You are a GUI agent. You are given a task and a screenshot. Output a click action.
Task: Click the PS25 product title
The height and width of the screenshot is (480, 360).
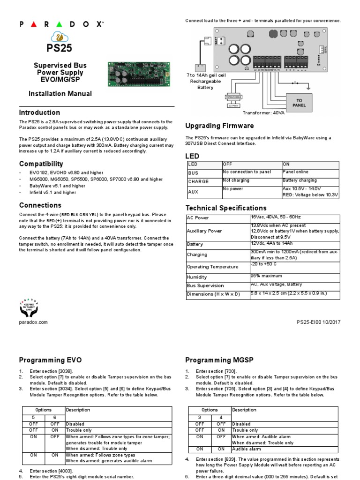click(x=59, y=48)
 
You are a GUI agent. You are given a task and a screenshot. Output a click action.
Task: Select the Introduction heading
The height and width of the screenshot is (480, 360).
click(x=39, y=112)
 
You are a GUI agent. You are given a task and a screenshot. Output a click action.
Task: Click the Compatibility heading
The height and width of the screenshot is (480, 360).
click(x=41, y=164)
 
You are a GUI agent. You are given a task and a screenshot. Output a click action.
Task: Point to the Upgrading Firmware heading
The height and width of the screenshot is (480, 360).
click(x=219, y=126)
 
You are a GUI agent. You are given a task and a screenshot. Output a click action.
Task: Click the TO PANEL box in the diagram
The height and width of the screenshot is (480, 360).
click(x=300, y=103)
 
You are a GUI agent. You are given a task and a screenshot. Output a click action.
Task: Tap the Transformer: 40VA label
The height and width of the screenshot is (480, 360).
click(x=264, y=113)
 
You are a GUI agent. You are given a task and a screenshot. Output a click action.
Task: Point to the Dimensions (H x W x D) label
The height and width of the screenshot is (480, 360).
click(x=213, y=294)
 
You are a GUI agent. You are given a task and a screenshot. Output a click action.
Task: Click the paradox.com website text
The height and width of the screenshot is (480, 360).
click(x=33, y=322)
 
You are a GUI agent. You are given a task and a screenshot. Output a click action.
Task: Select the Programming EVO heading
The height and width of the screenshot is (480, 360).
click(x=50, y=360)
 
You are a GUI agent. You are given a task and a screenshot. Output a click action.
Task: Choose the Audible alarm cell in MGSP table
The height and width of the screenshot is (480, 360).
click(x=247, y=449)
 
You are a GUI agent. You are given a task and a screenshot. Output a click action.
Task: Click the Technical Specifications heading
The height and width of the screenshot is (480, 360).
click(x=226, y=208)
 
